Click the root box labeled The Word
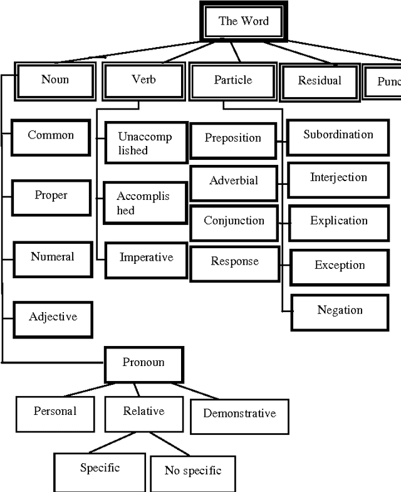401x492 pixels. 243,21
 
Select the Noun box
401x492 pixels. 55,80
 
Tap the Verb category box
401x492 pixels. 143,80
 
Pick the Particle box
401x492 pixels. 232,80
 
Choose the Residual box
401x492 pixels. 320,81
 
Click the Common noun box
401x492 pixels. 51,135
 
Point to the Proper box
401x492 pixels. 51,196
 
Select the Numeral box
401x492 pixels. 52,257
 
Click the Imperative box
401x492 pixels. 146,258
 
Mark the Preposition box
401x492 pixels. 232,138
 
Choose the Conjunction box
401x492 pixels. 234,221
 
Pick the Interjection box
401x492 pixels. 338,178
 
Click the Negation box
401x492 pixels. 340,311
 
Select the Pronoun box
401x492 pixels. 143,363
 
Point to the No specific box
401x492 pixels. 192,471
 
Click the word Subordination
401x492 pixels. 338,135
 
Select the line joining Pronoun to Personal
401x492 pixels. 87,390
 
